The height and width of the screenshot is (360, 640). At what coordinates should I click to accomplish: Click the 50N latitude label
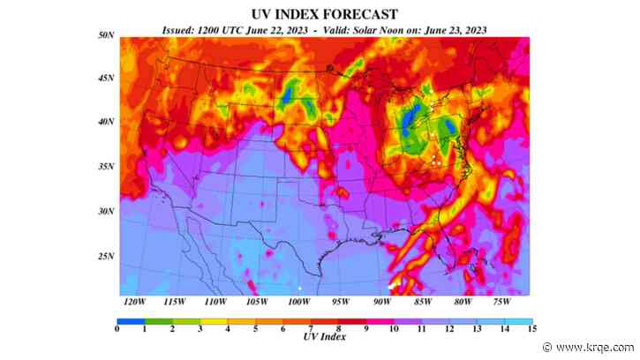pyautogui.click(x=105, y=34)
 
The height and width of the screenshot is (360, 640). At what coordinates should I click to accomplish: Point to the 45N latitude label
pyautogui.click(x=105, y=78)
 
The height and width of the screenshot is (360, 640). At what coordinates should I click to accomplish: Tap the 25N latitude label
pyautogui.click(x=105, y=257)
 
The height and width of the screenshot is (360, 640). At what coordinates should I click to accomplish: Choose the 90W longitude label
pyautogui.click(x=381, y=302)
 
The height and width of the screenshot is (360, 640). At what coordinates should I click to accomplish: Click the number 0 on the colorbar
pyautogui.click(x=117, y=330)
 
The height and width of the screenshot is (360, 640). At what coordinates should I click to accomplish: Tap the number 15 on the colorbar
pyautogui.click(x=530, y=330)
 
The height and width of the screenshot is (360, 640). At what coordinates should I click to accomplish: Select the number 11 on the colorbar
pyautogui.click(x=421, y=330)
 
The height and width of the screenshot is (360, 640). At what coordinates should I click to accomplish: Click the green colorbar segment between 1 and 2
pyautogui.click(x=158, y=321)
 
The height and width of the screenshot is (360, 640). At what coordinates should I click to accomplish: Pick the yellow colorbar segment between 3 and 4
pyautogui.click(x=214, y=321)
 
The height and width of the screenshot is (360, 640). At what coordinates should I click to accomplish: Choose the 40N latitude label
pyautogui.click(x=105, y=122)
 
